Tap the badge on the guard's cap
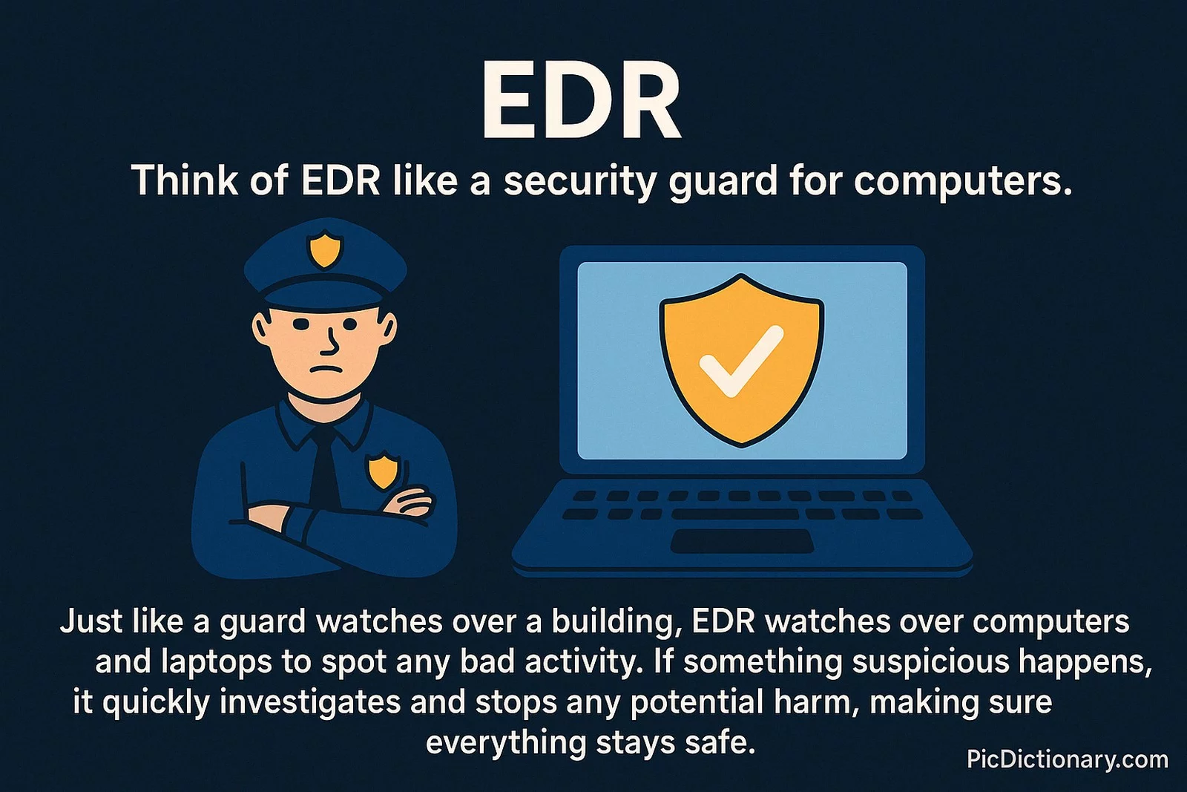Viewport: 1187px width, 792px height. pos(326,249)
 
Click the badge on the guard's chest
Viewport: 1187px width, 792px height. pos(383,470)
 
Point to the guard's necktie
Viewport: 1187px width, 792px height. pos(324,466)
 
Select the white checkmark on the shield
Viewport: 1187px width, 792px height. pos(741,361)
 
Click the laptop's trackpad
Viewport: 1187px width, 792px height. pos(742,541)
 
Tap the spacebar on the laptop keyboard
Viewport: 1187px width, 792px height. pos(735,514)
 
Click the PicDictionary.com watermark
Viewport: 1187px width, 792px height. pos(1068,759)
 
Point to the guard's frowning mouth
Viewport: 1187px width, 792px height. pos(323,369)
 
